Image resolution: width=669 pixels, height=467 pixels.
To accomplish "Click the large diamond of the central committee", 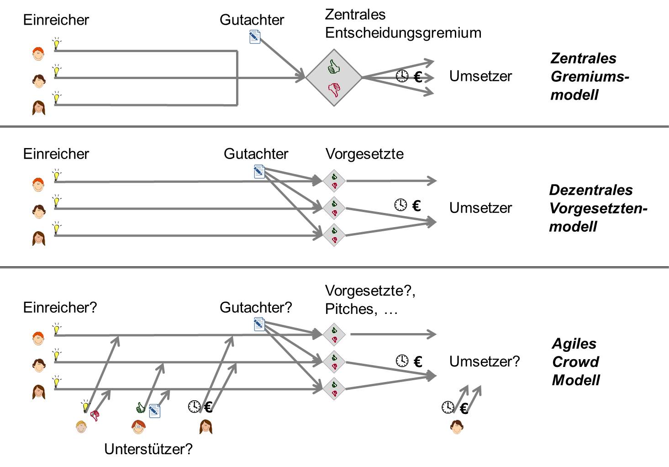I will (334, 78).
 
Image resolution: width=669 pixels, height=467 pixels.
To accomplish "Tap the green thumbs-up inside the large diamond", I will (334, 67).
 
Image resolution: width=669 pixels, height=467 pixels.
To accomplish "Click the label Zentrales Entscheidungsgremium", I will (403, 24).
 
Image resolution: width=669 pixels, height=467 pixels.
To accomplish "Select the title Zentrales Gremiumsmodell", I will (589, 76).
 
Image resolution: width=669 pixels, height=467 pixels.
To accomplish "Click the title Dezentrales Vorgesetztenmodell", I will (598, 208).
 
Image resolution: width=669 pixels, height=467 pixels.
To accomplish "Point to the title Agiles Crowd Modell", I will (576, 361).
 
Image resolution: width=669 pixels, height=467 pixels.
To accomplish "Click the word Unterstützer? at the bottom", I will (148, 449).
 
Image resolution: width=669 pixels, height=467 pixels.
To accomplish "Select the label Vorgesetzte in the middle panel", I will (364, 154).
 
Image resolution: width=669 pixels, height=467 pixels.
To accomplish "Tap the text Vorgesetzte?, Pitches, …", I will (370, 300).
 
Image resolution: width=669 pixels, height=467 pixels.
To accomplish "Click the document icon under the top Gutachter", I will (255, 37).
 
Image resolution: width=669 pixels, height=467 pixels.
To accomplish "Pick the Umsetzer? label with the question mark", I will (485, 361).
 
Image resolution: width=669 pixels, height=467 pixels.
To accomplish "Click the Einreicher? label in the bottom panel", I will (60, 307).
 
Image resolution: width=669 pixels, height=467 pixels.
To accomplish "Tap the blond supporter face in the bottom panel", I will (81, 426).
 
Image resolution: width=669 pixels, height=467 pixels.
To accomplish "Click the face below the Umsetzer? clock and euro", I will (457, 427).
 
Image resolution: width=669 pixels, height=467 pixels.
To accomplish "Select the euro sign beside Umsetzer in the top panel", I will (418, 77).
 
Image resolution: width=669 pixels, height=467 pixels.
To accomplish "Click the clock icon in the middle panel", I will (400, 205).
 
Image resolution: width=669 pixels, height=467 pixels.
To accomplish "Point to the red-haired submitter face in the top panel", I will (39, 53).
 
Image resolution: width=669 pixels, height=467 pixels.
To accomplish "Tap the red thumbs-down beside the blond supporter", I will (95, 415).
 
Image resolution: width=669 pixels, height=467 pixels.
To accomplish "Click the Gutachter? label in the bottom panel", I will (255, 307).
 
